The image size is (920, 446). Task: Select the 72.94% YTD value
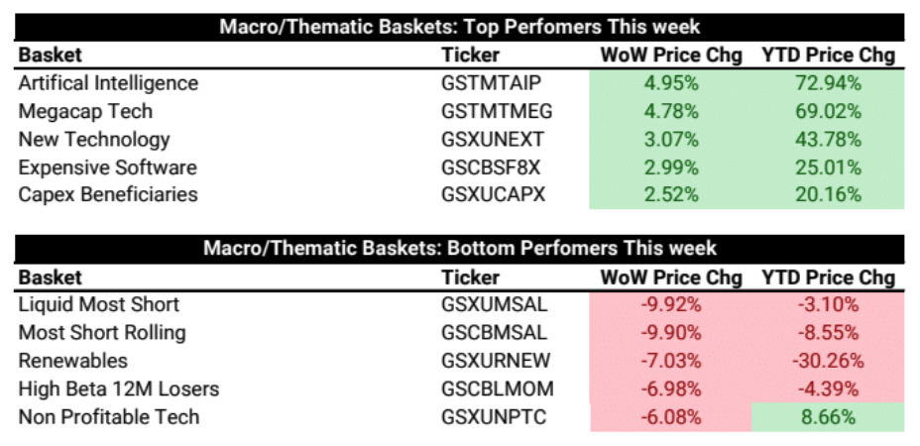829,83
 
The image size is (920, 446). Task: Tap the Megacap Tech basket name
85,111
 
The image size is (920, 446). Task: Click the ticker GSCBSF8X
491,167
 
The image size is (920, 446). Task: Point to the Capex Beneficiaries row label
108,195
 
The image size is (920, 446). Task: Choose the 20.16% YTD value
829,195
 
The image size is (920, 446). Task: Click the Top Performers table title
460,27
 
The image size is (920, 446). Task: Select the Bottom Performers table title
460,248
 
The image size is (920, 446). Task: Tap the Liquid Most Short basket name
99,304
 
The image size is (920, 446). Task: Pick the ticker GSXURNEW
496,361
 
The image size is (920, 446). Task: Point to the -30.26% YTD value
829,361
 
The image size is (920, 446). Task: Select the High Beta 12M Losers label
119,389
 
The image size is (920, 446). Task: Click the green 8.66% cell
829,417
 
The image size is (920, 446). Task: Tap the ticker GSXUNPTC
494,416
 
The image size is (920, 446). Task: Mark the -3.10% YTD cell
829,304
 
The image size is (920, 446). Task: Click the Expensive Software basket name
107,167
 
